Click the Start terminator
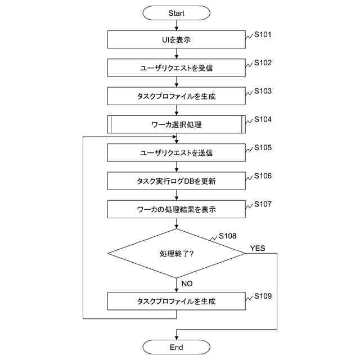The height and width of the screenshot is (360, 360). (176, 12)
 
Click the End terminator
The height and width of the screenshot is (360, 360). (176, 347)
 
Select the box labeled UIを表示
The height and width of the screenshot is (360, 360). (176, 39)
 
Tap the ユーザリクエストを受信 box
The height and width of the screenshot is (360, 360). (176, 67)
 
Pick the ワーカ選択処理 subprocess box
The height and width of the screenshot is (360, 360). (176, 124)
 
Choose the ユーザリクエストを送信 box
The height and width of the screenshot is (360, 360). (176, 152)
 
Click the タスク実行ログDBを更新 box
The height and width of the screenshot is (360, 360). (176, 181)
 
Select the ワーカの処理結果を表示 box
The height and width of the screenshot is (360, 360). (176, 209)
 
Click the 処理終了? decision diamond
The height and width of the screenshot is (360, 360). (176, 253)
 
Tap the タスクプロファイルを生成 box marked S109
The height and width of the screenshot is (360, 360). (176, 301)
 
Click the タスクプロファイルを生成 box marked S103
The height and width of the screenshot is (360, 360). (176, 96)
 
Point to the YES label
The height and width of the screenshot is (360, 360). (258, 248)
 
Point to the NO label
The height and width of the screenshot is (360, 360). (187, 283)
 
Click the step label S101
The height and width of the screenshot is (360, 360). (263, 34)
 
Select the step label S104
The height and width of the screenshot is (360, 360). (263, 119)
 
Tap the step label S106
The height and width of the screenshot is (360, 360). (263, 176)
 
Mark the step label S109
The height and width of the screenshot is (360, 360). (263, 296)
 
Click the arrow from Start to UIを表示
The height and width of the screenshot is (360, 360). (176, 25)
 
